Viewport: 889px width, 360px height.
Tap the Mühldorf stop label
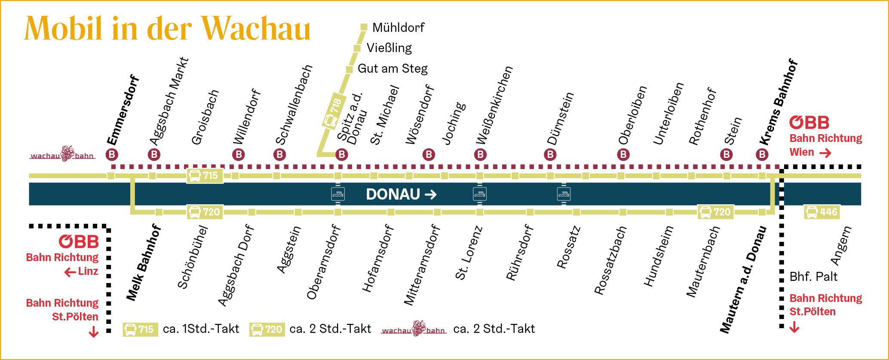point(398,28)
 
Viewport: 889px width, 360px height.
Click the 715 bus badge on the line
point(205,175)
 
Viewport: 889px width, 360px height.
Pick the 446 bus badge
point(822,212)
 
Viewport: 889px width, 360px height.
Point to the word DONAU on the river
point(392,194)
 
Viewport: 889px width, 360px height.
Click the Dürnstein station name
point(560,118)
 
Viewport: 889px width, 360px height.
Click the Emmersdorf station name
point(123,111)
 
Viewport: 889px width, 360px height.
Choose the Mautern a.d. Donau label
point(744,280)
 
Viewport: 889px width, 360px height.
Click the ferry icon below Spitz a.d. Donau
point(338,194)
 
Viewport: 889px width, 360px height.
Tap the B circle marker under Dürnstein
point(550,154)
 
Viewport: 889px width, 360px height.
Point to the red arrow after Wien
point(825,153)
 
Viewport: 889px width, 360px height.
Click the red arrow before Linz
point(70,272)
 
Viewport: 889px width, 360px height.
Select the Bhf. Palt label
point(813,277)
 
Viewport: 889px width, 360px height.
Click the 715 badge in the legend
point(140,329)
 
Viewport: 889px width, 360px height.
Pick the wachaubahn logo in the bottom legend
point(414,329)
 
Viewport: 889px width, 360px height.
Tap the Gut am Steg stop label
point(392,69)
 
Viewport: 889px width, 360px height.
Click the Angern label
point(840,246)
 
